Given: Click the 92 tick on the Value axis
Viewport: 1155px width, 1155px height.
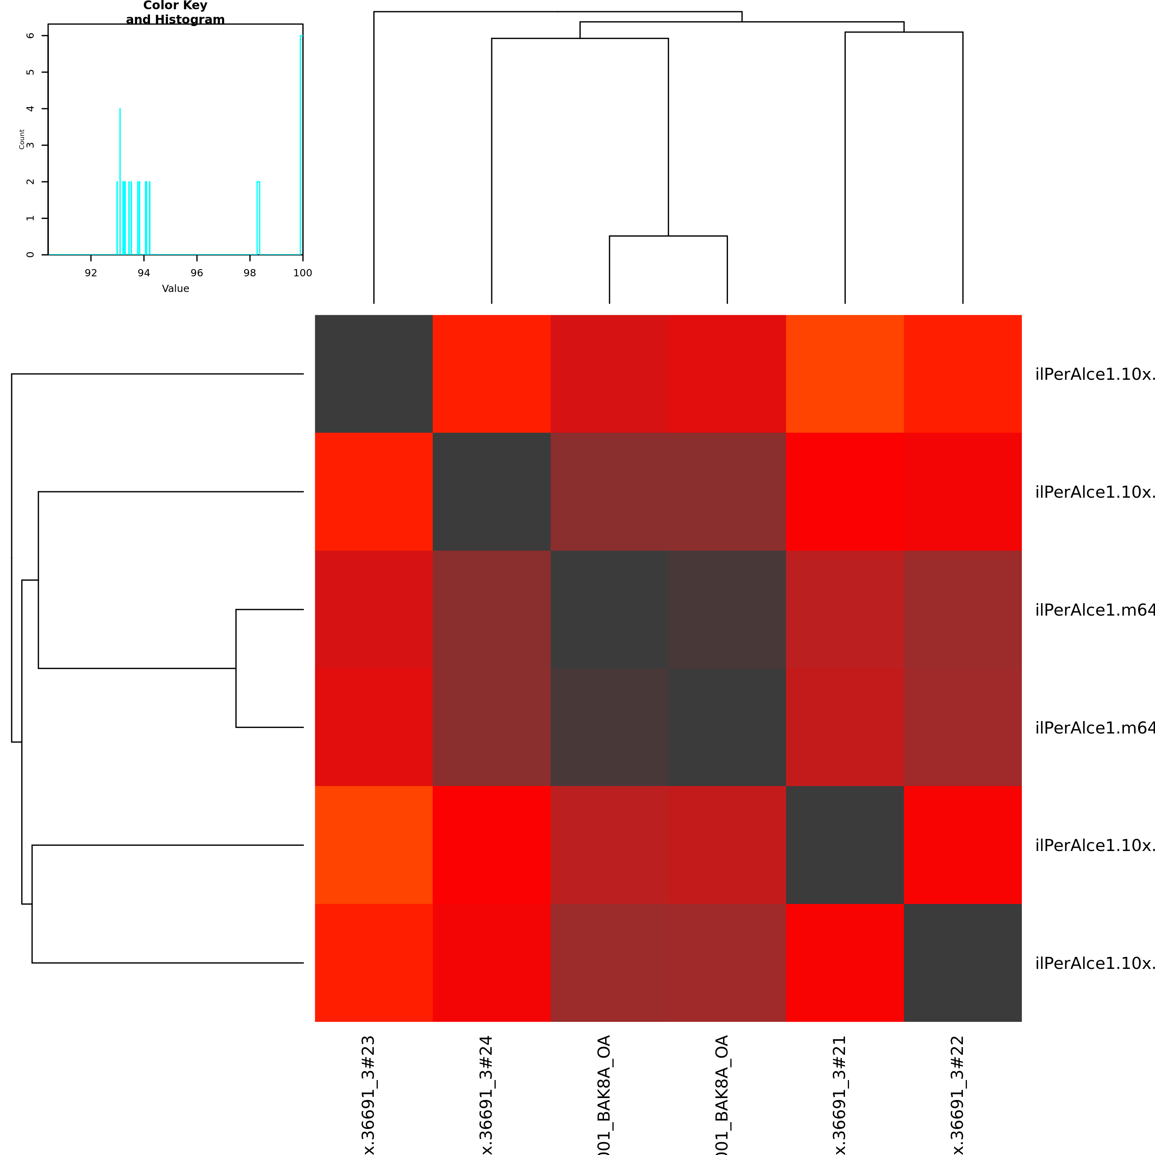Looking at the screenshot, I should coord(91,273).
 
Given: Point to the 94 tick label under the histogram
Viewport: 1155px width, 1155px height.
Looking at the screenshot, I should coord(144,273).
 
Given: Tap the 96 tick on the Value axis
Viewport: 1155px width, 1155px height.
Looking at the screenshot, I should coord(197,273).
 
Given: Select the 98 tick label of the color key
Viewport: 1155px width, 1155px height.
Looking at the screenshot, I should coord(250,273).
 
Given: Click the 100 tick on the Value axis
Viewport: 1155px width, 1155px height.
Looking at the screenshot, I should coord(302,273).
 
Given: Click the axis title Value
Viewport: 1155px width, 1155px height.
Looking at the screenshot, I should coord(175,289).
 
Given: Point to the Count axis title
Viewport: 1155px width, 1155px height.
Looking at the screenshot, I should coord(22,139).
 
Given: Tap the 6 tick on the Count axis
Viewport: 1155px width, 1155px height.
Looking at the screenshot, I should coord(30,36).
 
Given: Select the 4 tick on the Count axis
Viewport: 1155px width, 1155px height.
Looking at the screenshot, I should coord(30,109).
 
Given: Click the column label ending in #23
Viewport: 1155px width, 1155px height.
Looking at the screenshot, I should coord(369,1094).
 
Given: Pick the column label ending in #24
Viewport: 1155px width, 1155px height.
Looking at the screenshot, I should coord(486,1094).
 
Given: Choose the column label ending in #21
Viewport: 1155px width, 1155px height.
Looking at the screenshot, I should coord(840,1094).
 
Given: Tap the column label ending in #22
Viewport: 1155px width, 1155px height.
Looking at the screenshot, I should coord(958,1094).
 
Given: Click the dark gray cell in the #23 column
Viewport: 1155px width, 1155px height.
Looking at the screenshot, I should coord(374,374).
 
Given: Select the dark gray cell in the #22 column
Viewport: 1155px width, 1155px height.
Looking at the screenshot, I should coord(962,962).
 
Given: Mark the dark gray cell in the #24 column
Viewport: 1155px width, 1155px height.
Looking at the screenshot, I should coord(491,491).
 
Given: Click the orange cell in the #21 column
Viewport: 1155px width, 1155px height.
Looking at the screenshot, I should coord(845,374).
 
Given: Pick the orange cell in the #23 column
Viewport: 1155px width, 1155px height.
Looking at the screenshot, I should coord(374,845).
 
